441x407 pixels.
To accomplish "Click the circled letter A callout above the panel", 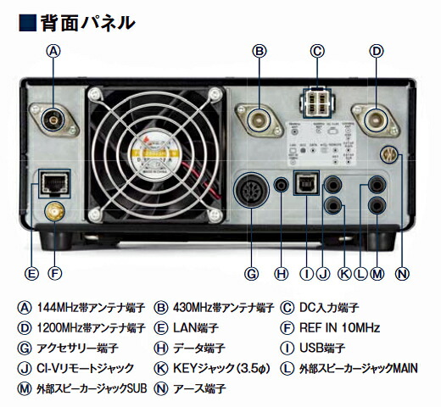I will pos(54,51).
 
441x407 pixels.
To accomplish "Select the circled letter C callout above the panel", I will pos(318,51).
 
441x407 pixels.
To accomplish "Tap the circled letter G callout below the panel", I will pos(251,273).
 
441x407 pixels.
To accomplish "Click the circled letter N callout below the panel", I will pos(402,273).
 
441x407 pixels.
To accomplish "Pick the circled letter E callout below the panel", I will pos(31,273).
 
